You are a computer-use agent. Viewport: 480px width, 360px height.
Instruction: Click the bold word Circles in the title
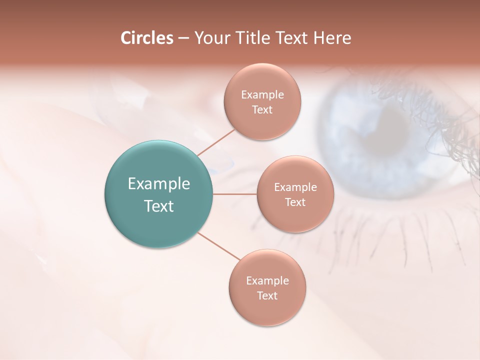point(146,38)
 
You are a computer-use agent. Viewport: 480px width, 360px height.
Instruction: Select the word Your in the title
point(210,38)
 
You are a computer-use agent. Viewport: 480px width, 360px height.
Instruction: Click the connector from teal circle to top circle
point(216,142)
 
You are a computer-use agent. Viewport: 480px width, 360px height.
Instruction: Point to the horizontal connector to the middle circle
point(235,194)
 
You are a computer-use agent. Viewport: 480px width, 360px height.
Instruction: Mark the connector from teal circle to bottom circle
point(219,246)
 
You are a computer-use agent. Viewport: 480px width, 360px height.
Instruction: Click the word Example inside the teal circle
point(158,184)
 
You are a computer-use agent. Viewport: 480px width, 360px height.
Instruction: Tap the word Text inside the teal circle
point(158,206)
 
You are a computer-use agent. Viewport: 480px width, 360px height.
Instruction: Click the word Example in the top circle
point(262,94)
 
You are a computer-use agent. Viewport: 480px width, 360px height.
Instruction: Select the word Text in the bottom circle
point(267,295)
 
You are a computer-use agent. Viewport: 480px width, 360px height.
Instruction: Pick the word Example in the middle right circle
point(295,187)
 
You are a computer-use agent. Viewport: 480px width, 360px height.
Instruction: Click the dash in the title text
point(183,38)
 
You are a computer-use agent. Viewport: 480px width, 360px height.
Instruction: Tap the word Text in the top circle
point(262,109)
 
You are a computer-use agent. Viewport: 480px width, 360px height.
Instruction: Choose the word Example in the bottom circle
point(267,280)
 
